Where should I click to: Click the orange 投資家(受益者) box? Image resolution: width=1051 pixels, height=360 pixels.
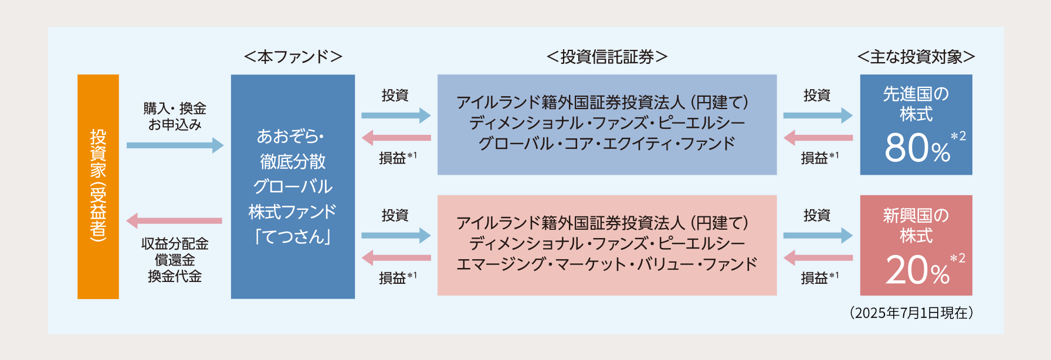pyautogui.click(x=98, y=186)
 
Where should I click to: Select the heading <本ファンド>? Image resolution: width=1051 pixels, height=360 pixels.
pyautogui.click(x=293, y=57)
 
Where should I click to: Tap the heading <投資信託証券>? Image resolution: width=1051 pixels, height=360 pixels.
pyautogui.click(x=607, y=57)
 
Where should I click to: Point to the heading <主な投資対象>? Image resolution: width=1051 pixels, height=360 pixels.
pyautogui.click(x=916, y=57)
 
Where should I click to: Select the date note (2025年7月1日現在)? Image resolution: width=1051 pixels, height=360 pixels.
pyautogui.click(x=911, y=313)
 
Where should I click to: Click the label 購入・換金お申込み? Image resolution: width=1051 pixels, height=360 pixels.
pyautogui.click(x=175, y=116)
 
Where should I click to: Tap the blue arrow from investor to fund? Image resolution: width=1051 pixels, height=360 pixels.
pyautogui.click(x=175, y=145)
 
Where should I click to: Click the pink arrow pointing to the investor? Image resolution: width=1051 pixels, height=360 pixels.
pyautogui.click(x=174, y=221)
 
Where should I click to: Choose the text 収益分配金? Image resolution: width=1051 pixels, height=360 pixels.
pyautogui.click(x=175, y=243)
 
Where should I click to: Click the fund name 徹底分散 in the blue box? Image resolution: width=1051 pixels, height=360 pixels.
pyautogui.click(x=293, y=161)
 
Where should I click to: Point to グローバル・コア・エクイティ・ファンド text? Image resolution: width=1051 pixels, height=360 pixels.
pyautogui.click(x=607, y=144)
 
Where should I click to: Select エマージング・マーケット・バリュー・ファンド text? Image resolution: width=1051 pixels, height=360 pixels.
pyautogui.click(x=607, y=264)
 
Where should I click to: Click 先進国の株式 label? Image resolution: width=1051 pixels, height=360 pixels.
pyautogui.click(x=916, y=104)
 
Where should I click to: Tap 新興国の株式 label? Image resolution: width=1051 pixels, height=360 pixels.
pyautogui.click(x=916, y=226)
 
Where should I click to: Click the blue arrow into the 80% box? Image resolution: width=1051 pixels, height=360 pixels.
pyautogui.click(x=818, y=116)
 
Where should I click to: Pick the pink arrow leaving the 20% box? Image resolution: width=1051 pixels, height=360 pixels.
pyautogui.click(x=818, y=257)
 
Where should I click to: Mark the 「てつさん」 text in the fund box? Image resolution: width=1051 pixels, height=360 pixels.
pyautogui.click(x=293, y=236)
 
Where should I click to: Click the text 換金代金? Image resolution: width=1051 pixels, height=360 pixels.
pyautogui.click(x=175, y=276)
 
